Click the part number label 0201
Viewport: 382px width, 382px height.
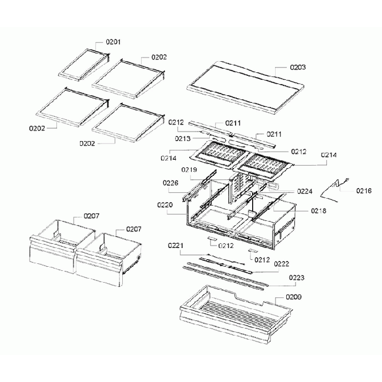pyautogui.click(x=113, y=42)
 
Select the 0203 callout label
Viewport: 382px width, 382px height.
pyautogui.click(x=298, y=68)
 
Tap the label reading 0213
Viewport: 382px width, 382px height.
pyautogui.click(x=183, y=139)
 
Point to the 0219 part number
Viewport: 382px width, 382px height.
pyautogui.click(x=189, y=170)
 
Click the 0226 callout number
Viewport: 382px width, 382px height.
pyautogui.click(x=171, y=183)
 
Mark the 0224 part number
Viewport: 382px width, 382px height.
pyautogui.click(x=304, y=192)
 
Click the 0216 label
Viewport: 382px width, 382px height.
pyautogui.click(x=364, y=190)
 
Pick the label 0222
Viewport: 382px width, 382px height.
pyautogui.click(x=282, y=264)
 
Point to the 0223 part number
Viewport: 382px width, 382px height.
pyautogui.click(x=296, y=277)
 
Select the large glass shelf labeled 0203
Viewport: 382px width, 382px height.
pyautogui.click(x=246, y=86)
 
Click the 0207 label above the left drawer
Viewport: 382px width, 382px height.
pyautogui.click(x=92, y=217)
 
